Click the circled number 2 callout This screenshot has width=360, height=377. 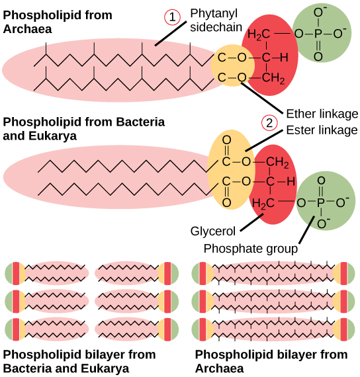pos(269,122)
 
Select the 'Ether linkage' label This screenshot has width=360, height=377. pos(322,112)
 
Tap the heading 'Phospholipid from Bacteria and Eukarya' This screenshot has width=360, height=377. pos(83,129)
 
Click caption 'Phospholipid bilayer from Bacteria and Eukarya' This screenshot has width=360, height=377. pos(79,361)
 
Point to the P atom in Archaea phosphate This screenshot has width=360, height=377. pos(318,33)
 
